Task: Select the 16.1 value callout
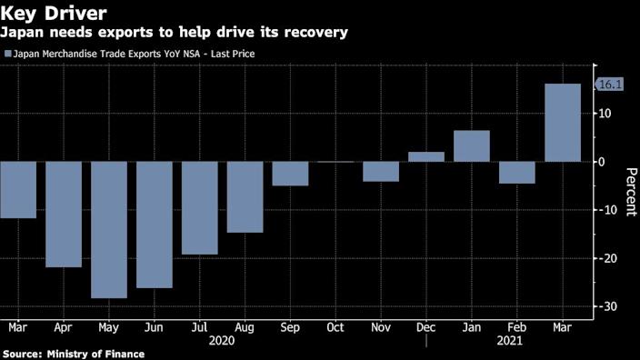[x=608, y=84]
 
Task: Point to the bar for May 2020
[x=109, y=229]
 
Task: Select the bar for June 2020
[x=155, y=225]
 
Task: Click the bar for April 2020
[x=64, y=215]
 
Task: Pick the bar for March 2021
[x=563, y=123]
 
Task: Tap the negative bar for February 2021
[x=517, y=173]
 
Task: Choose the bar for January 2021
[x=472, y=146]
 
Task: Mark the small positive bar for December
[x=426, y=156]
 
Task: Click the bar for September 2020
[x=290, y=174]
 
